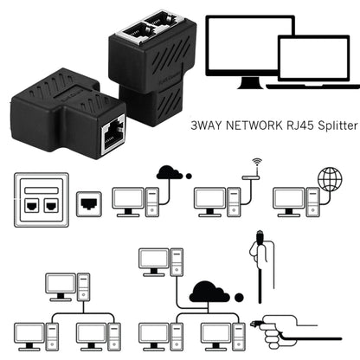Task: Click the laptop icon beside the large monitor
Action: pyautogui.click(x=309, y=61)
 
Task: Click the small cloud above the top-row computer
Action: pyautogui.click(x=169, y=172)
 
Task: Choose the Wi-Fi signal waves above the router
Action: pyautogui.click(x=256, y=164)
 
